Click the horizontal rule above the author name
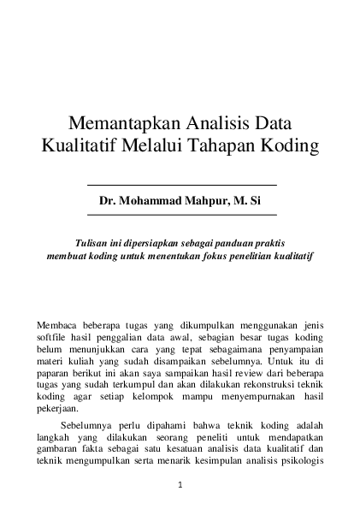click(181, 185)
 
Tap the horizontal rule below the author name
click(181, 214)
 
